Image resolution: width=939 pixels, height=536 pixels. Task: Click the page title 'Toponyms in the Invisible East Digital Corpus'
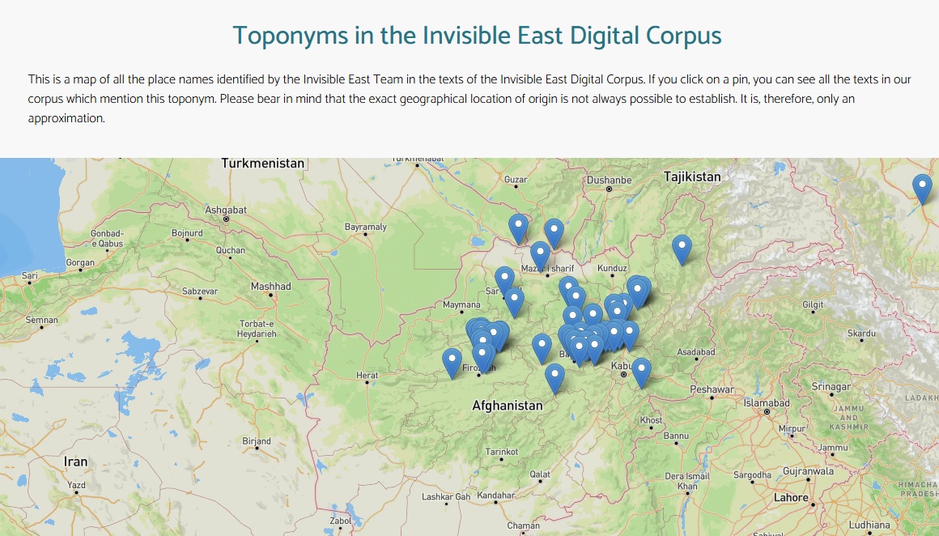click(x=477, y=36)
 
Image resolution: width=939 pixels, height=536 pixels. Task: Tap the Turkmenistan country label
click(x=263, y=164)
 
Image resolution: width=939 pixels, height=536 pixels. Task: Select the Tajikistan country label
click(x=691, y=177)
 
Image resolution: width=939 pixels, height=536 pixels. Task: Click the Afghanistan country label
click(x=508, y=405)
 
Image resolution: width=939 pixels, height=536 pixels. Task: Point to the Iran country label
click(x=75, y=462)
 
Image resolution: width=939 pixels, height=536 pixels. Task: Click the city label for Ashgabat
click(x=225, y=210)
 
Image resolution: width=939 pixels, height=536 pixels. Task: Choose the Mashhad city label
click(x=270, y=287)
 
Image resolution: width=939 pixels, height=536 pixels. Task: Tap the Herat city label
click(x=368, y=375)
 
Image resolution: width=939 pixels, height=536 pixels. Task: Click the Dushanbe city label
click(x=609, y=180)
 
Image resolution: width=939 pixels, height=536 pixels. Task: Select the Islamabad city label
click(x=766, y=403)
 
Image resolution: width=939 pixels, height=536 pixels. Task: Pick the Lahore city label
click(x=791, y=497)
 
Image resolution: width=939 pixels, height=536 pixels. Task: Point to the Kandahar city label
click(x=495, y=495)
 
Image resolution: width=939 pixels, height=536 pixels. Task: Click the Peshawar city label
click(x=712, y=389)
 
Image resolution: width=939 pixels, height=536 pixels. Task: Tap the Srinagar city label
click(x=831, y=387)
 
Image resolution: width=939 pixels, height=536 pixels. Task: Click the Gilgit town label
click(x=813, y=304)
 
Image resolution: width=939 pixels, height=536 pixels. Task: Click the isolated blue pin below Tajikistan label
click(x=682, y=248)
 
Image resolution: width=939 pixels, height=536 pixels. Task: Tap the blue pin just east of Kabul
click(x=641, y=371)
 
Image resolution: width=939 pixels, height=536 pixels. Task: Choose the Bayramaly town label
click(x=366, y=227)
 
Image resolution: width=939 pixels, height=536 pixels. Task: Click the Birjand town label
click(x=257, y=441)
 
